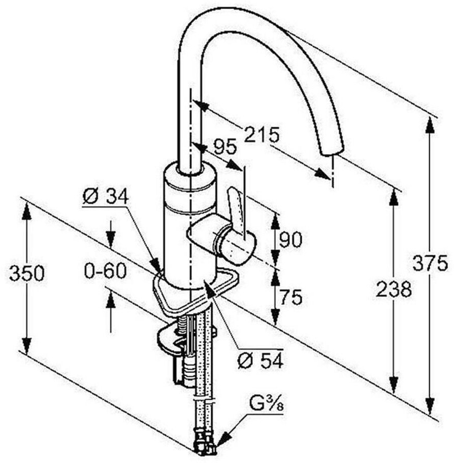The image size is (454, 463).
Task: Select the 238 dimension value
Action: coord(394,289)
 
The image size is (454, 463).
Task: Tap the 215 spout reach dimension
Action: coord(262,135)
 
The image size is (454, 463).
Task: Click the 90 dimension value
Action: coord(290,239)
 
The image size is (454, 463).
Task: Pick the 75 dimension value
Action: coord(290,298)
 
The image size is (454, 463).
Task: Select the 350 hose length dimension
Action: coord(26,274)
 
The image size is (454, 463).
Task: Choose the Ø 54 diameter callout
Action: coord(260,361)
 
